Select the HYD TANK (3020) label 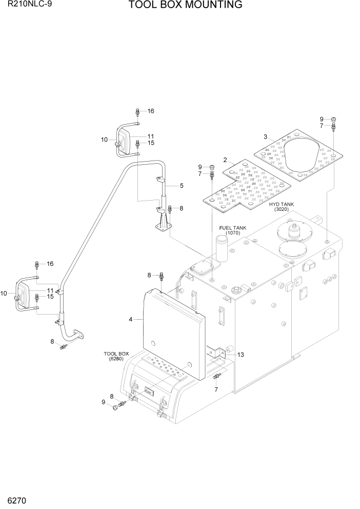pos(281,207)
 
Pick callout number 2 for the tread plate pos(225,161)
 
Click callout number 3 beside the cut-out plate pos(265,137)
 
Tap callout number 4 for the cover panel pos(131,320)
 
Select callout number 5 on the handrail pos(181,185)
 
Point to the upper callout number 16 pos(151,111)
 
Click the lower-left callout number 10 pos(4,293)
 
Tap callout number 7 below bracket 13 pos(215,389)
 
